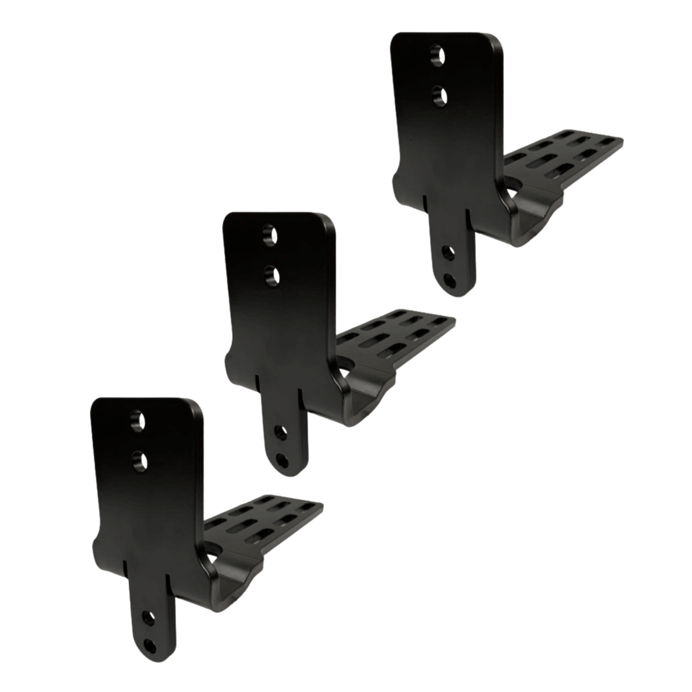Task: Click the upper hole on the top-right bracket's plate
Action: click(x=438, y=55)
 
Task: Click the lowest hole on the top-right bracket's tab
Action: click(x=451, y=279)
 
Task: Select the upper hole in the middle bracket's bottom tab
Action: click(x=279, y=432)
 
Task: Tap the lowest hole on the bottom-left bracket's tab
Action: click(x=151, y=644)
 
